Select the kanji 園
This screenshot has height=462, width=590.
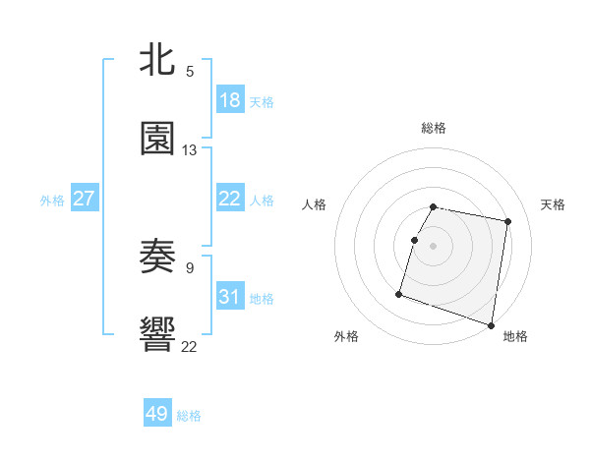(157, 139)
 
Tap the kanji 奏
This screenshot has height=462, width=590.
(157, 258)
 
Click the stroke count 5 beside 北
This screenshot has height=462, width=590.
(190, 71)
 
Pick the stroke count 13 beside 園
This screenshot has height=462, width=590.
(190, 150)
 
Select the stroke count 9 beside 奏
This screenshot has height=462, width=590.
(190, 267)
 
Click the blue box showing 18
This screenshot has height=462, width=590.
(230, 100)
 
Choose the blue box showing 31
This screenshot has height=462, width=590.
(230, 297)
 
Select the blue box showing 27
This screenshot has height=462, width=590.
(84, 199)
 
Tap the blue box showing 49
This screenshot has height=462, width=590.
(157, 414)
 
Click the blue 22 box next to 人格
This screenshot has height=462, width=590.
(230, 199)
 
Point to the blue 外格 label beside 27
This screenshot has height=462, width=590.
(52, 200)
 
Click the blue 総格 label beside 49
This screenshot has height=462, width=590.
(189, 416)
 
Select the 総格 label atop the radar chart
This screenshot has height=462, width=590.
(434, 128)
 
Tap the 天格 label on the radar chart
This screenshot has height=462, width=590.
(554, 204)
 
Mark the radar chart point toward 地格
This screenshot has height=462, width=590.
(491, 324)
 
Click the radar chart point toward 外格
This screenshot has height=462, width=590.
(399, 293)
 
